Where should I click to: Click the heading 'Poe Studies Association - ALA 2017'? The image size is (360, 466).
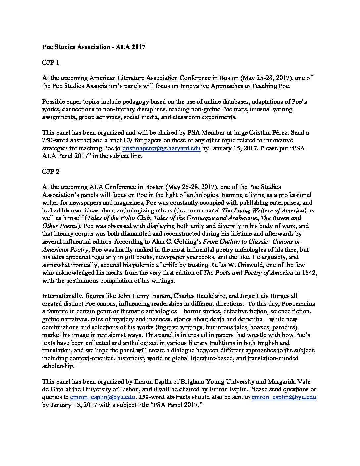click(x=94, y=47)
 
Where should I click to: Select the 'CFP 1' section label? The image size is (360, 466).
click(x=50, y=63)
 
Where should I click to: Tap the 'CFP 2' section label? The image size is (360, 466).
click(x=50, y=172)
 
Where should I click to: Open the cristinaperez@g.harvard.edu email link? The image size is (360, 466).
click(x=161, y=148)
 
